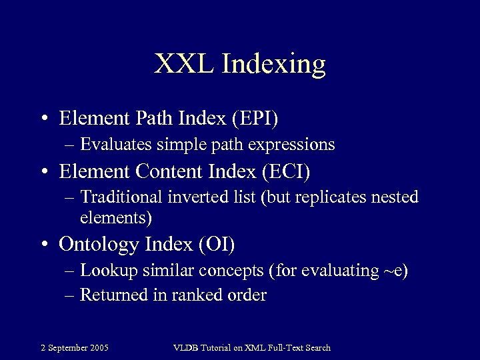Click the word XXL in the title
(x=184, y=64)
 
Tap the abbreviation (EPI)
(x=255, y=118)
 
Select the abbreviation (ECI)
(x=287, y=171)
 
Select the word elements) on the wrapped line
(x=116, y=217)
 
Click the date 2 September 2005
(x=75, y=347)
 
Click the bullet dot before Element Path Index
(x=43, y=119)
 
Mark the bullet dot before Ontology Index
(x=43, y=245)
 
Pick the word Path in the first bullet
(x=155, y=118)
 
